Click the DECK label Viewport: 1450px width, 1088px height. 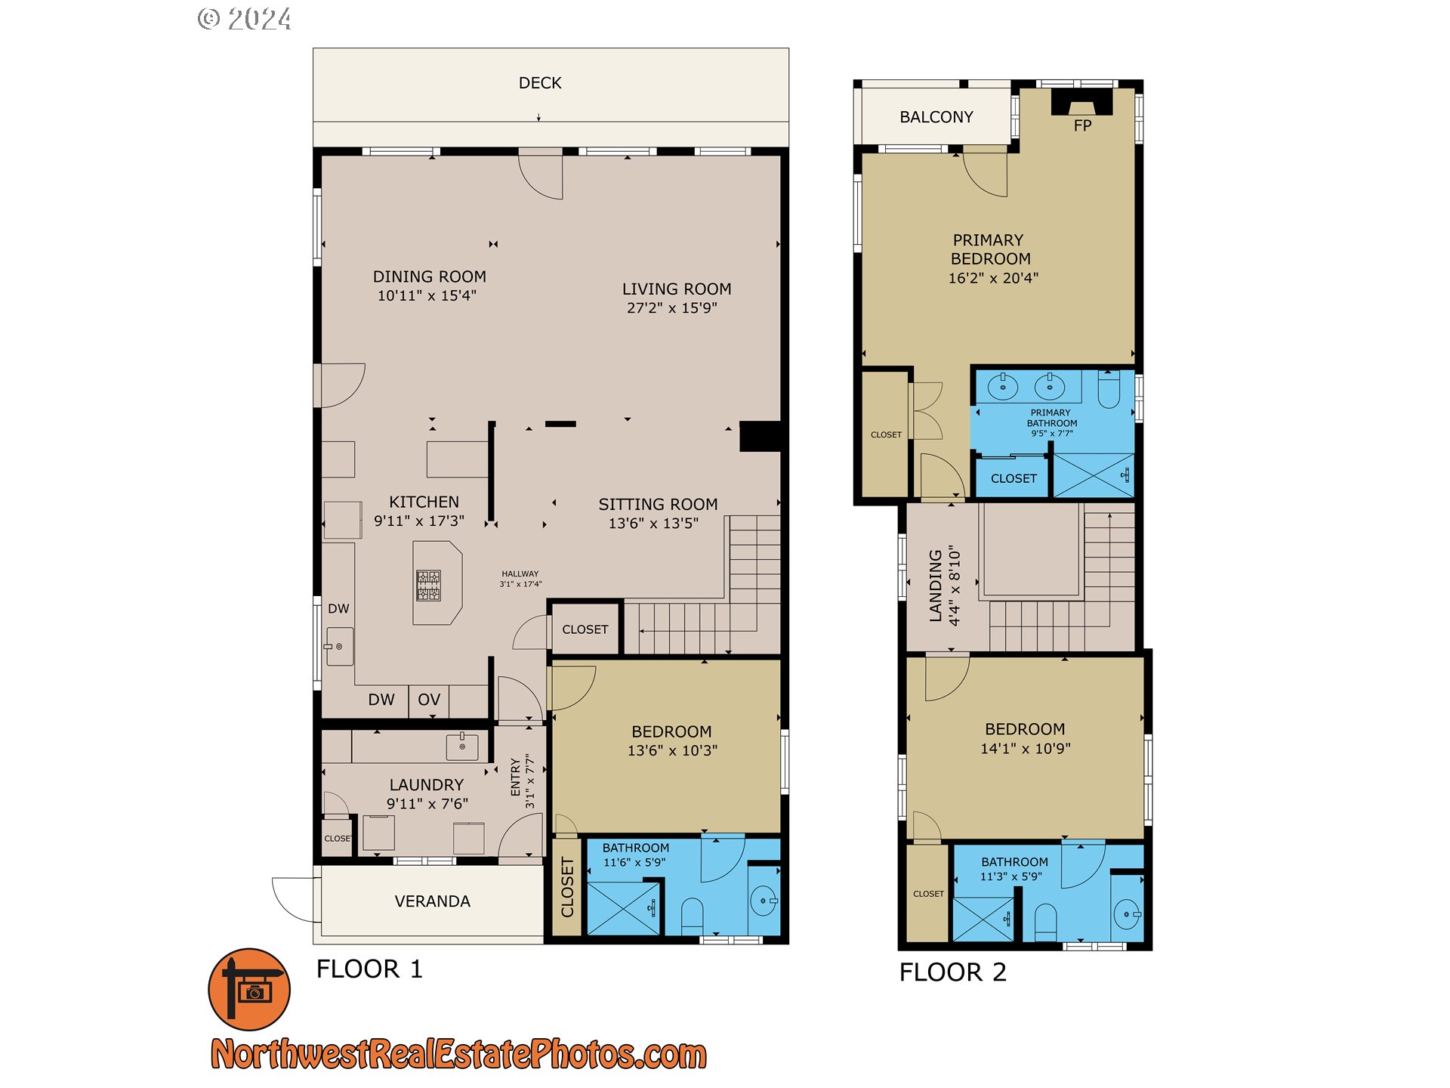tap(540, 83)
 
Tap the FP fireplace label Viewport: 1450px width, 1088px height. tap(1082, 125)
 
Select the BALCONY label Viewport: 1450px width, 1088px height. tap(936, 117)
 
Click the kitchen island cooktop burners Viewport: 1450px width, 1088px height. tap(429, 585)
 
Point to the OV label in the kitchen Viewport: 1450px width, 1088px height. tap(429, 700)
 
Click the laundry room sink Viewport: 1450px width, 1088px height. tap(462, 746)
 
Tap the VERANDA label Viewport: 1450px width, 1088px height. tap(433, 901)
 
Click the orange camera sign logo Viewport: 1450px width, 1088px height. tap(249, 989)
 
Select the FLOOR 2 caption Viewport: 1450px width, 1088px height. tap(953, 972)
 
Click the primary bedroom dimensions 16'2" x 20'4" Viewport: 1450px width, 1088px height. tap(993, 278)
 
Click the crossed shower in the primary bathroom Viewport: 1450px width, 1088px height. tap(1094, 475)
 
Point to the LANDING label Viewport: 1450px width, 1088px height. tap(936, 586)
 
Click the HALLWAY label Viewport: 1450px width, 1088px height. tap(520, 574)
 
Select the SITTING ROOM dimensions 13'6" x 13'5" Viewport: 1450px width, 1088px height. tap(654, 524)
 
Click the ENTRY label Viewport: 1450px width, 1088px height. tap(516, 777)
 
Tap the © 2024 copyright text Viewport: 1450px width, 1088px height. tap(245, 19)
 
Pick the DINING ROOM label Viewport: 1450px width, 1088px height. tap(430, 277)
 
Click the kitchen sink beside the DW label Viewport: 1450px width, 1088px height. tap(340, 647)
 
